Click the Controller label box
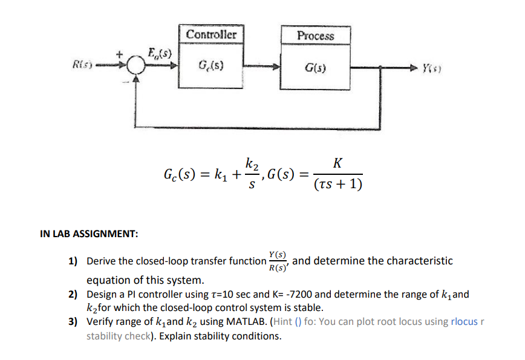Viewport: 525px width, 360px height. (212, 34)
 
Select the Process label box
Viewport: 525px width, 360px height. (315, 36)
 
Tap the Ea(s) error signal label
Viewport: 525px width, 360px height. (159, 52)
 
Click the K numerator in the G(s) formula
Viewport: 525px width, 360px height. (337, 163)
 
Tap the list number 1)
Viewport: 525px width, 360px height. (73, 261)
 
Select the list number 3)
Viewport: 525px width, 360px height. (73, 321)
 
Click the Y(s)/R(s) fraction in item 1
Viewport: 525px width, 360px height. (279, 261)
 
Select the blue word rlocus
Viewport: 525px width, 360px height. (464, 321)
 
